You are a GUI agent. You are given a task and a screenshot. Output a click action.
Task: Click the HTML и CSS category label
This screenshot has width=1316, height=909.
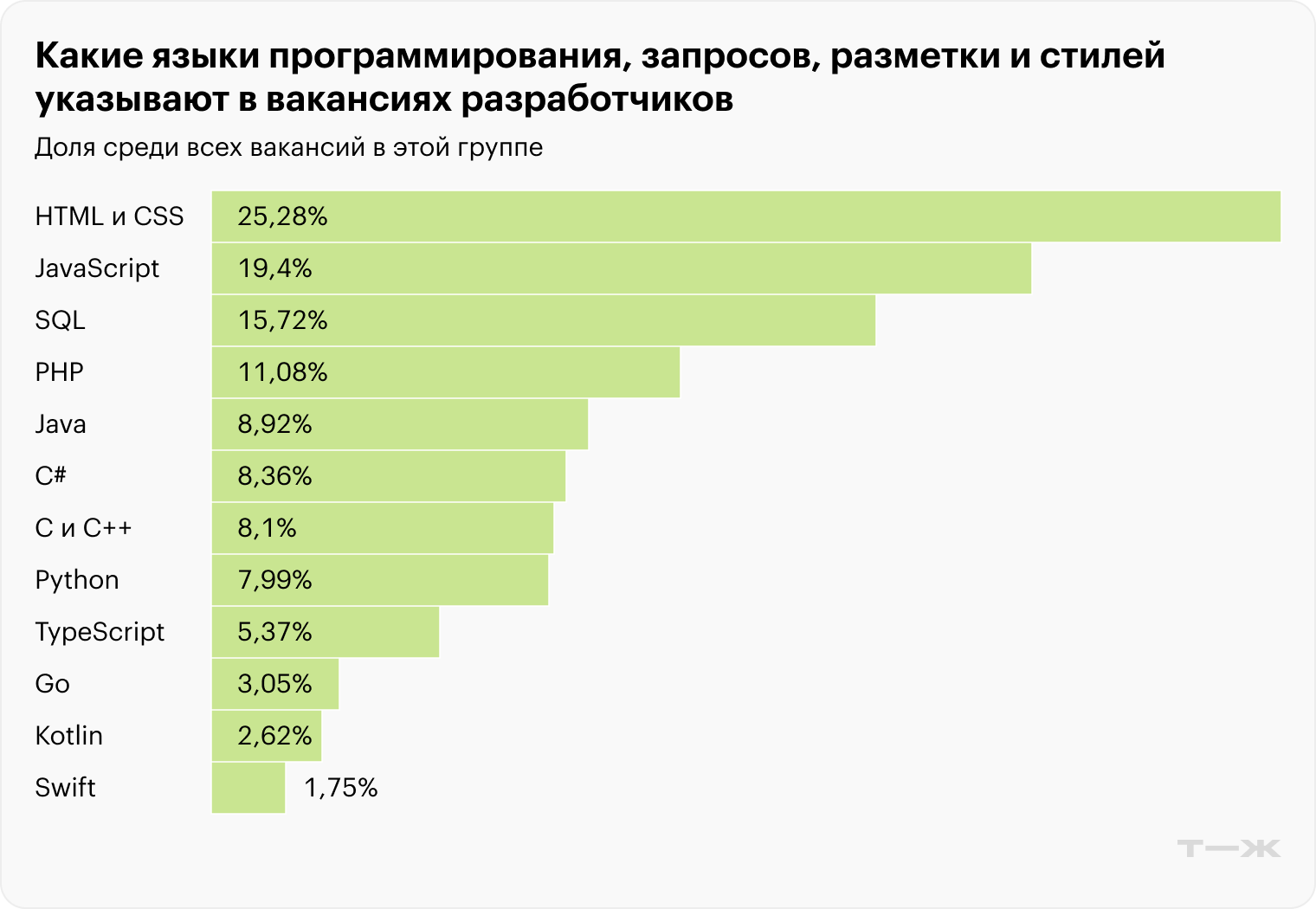point(109,216)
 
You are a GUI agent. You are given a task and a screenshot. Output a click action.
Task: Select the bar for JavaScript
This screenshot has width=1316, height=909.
point(621,268)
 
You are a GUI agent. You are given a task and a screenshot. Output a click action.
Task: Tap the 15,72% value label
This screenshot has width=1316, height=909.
point(282,320)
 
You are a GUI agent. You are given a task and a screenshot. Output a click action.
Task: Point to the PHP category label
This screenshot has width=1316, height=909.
point(59,372)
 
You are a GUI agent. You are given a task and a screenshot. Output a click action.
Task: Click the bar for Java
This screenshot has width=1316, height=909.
point(399,424)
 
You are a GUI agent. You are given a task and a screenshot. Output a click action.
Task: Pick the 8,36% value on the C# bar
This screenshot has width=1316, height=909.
point(274,476)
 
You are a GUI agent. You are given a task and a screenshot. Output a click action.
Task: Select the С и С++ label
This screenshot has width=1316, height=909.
point(83,528)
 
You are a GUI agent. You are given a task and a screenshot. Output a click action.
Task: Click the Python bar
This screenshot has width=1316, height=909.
point(379,580)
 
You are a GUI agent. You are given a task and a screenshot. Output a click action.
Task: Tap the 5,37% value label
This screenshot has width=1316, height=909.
point(274,632)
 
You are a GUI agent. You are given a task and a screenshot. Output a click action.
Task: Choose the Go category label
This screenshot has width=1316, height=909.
point(52,684)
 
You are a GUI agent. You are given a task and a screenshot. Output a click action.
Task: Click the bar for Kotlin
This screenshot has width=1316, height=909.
point(266,736)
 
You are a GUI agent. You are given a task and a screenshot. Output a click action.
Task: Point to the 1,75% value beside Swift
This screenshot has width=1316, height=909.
point(341,788)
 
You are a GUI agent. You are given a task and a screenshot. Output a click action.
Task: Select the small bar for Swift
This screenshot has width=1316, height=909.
point(248,788)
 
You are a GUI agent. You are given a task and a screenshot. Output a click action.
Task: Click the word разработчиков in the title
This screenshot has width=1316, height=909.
point(597,100)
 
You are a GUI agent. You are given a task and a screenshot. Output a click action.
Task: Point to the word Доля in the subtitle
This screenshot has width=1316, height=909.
point(65,147)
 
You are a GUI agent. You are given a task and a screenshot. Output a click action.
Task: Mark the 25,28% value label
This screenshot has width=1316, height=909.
point(282,216)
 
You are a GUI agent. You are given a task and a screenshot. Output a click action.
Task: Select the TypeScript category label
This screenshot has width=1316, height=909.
point(100,632)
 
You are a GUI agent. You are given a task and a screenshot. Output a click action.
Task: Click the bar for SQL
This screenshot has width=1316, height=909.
point(543,320)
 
